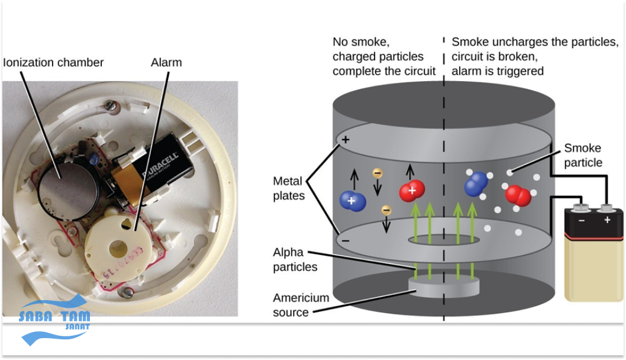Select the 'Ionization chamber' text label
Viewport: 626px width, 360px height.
[x=54, y=62]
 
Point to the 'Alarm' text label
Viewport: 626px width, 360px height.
[x=166, y=62]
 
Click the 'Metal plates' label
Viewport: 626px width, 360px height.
[x=288, y=188]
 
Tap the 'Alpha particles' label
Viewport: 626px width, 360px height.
[x=295, y=259]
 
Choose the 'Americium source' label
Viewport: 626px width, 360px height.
[x=301, y=305]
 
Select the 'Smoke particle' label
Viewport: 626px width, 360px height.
[x=583, y=155]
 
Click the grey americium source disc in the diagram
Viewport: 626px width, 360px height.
[x=444, y=287]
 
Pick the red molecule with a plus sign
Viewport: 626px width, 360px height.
[x=412, y=191]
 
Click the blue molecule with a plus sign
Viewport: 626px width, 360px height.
[x=352, y=201]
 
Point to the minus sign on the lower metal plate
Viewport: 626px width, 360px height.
[x=346, y=241]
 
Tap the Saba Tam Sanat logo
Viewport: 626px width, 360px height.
[x=56, y=323]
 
